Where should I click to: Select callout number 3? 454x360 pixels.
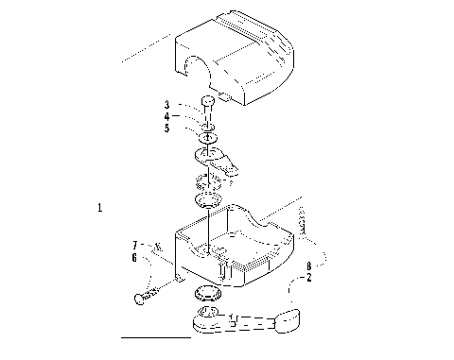pos(167,104)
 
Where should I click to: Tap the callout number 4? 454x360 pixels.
pos(167,116)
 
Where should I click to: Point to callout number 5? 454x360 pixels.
pos(167,128)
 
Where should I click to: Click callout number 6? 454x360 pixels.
pos(134,257)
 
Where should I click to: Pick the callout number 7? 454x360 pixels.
pos(134,246)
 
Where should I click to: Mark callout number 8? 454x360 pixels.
pos(308,267)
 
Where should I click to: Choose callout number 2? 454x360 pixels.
pos(308,279)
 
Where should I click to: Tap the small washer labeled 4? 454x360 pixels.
pos(208,126)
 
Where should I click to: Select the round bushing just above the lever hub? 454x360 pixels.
pos(205,291)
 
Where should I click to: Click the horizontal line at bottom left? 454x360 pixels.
pos(156,335)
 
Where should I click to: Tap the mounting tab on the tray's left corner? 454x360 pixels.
pos(181,281)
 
